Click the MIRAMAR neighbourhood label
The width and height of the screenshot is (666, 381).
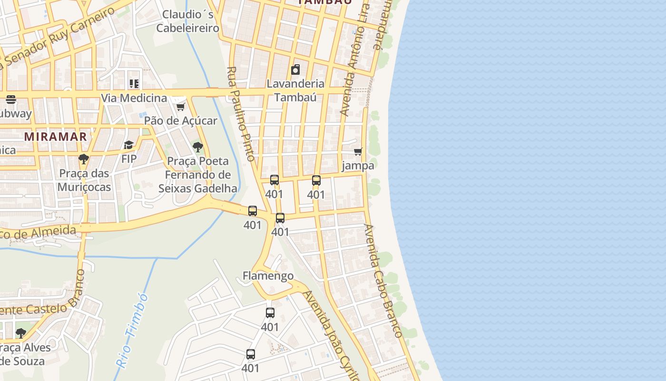(56, 137)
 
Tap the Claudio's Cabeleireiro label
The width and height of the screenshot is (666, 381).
(188, 21)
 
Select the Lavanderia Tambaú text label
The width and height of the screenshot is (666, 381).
(295, 90)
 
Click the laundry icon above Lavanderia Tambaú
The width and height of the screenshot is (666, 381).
(295, 70)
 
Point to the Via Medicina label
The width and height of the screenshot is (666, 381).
(134, 98)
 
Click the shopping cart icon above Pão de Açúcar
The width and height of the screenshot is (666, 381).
(180, 107)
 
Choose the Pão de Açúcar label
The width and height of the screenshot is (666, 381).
(180, 120)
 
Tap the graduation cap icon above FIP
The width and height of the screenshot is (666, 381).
(128, 145)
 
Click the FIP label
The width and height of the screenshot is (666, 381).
(128, 159)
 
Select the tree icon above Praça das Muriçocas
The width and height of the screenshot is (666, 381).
(84, 159)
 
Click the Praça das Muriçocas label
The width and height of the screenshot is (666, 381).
(84, 180)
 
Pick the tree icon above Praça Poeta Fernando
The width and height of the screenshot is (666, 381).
(197, 147)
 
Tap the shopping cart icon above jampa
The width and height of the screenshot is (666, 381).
(358, 151)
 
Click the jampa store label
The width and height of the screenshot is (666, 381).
(358, 166)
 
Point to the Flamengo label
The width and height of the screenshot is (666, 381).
(268, 276)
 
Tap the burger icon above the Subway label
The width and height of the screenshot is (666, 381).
(11, 100)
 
